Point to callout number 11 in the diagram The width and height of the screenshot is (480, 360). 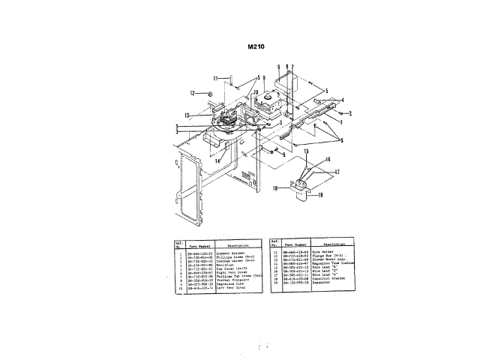[214, 78]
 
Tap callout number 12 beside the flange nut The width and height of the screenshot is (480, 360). [192, 93]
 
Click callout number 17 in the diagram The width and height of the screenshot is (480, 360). [337, 172]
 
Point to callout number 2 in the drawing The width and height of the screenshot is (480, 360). [349, 113]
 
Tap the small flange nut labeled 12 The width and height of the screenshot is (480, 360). [211, 93]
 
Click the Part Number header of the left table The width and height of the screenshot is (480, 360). [196, 244]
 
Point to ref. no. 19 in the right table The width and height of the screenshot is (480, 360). [275, 283]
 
